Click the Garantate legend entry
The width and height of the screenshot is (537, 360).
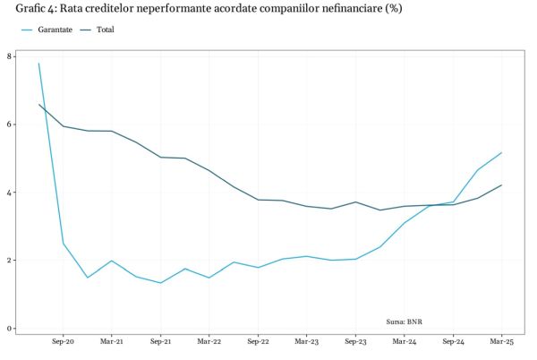click(54, 30)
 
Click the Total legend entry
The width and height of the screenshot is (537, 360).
click(105, 30)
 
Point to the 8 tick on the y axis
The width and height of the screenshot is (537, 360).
click(9, 56)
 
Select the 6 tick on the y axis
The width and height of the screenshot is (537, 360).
click(9, 124)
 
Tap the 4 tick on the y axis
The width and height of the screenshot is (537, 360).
click(9, 193)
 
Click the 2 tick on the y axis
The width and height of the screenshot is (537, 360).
click(9, 261)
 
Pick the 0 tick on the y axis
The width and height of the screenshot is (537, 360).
click(9, 329)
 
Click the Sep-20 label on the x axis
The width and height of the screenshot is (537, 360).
click(63, 342)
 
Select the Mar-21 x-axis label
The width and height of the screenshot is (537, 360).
click(112, 342)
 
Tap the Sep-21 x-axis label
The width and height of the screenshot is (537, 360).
click(160, 342)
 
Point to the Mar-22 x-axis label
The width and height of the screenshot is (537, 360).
click(209, 342)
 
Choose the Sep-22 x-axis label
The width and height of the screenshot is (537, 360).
click(258, 342)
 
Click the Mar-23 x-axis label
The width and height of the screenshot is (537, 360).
click(307, 342)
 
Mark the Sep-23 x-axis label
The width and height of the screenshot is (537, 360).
click(355, 342)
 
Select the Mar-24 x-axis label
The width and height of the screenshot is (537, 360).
click(405, 342)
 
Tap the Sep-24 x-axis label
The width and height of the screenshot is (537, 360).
click(453, 342)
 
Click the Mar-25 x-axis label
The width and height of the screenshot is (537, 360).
click(501, 342)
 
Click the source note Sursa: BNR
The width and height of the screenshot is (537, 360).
click(405, 319)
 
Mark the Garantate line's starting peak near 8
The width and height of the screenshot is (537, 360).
click(38, 64)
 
